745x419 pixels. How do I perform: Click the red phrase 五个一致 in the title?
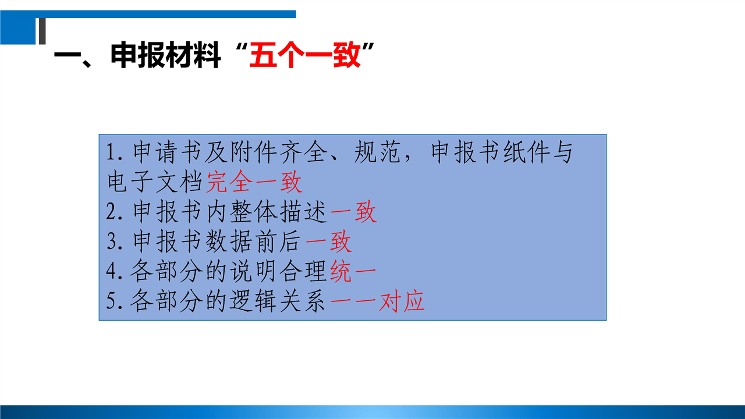[304, 55]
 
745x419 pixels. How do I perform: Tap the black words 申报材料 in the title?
[166, 55]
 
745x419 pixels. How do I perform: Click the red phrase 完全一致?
[254, 182]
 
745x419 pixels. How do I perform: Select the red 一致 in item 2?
[353, 212]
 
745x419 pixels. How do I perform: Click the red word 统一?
[353, 271]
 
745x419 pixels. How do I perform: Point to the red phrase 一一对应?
[378, 301]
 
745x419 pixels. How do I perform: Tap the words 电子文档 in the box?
[155, 182]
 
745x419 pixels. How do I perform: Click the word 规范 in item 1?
[377, 152]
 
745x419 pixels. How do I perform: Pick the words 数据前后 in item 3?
[253, 242]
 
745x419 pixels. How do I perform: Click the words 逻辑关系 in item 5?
[278, 301]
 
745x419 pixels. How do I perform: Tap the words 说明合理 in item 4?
[278, 271]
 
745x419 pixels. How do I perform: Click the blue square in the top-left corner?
[17, 31]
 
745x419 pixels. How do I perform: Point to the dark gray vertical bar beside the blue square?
[42, 31]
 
